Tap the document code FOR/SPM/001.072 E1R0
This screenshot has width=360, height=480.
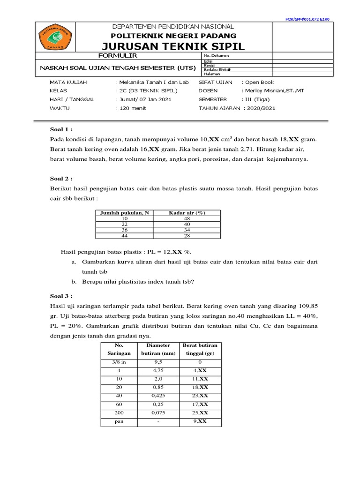(x=307, y=20)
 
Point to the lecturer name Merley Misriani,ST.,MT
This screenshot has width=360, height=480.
(x=273, y=90)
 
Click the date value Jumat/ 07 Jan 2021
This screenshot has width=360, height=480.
(x=143, y=99)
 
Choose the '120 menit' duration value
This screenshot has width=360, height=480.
(x=131, y=108)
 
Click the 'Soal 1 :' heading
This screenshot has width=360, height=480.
(x=61, y=129)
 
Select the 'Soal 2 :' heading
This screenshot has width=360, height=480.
(x=61, y=178)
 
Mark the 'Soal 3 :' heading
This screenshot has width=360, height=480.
(x=61, y=296)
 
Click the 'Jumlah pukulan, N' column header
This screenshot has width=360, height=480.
(x=125, y=213)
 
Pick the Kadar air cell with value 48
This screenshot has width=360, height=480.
(x=187, y=218)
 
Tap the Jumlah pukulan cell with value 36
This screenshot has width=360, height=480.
(x=125, y=230)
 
